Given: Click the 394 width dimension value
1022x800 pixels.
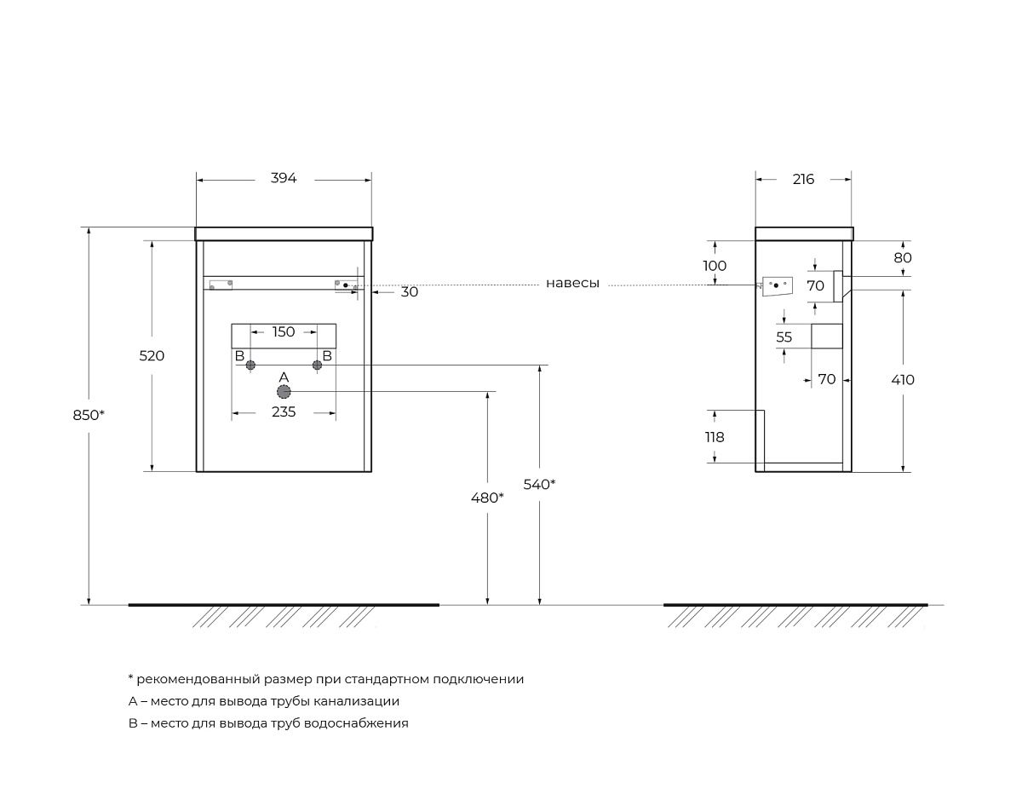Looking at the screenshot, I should click(x=284, y=178).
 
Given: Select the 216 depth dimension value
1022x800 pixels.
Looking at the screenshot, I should click(x=803, y=179).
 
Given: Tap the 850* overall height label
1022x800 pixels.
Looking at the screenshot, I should click(x=89, y=415).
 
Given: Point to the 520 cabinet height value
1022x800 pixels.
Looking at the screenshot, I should click(x=152, y=356).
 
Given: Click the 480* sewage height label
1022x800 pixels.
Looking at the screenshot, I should click(x=487, y=498).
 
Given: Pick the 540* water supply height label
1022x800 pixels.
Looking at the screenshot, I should click(x=539, y=484).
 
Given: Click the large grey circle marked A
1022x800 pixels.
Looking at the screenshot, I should click(x=284, y=391).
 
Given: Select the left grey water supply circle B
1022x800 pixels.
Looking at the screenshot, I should click(x=250, y=365).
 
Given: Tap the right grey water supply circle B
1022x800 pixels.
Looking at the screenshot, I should click(x=317, y=365).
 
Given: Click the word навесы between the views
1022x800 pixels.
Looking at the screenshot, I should click(x=572, y=284).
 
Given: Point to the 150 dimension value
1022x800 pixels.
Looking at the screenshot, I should click(x=284, y=331).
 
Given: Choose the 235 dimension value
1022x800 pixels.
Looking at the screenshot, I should click(x=284, y=412).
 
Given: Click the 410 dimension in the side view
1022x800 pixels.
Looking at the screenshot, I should click(x=903, y=380).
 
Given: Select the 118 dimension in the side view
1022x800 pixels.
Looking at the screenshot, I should click(x=715, y=437).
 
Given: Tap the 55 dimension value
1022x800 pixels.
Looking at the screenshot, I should click(x=784, y=337).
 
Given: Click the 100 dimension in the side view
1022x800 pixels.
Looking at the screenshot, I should click(x=715, y=266).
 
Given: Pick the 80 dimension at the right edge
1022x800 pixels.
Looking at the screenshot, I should click(x=903, y=257).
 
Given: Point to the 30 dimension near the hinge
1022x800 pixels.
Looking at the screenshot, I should click(x=409, y=291).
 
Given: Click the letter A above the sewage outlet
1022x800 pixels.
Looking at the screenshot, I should click(x=284, y=377).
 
